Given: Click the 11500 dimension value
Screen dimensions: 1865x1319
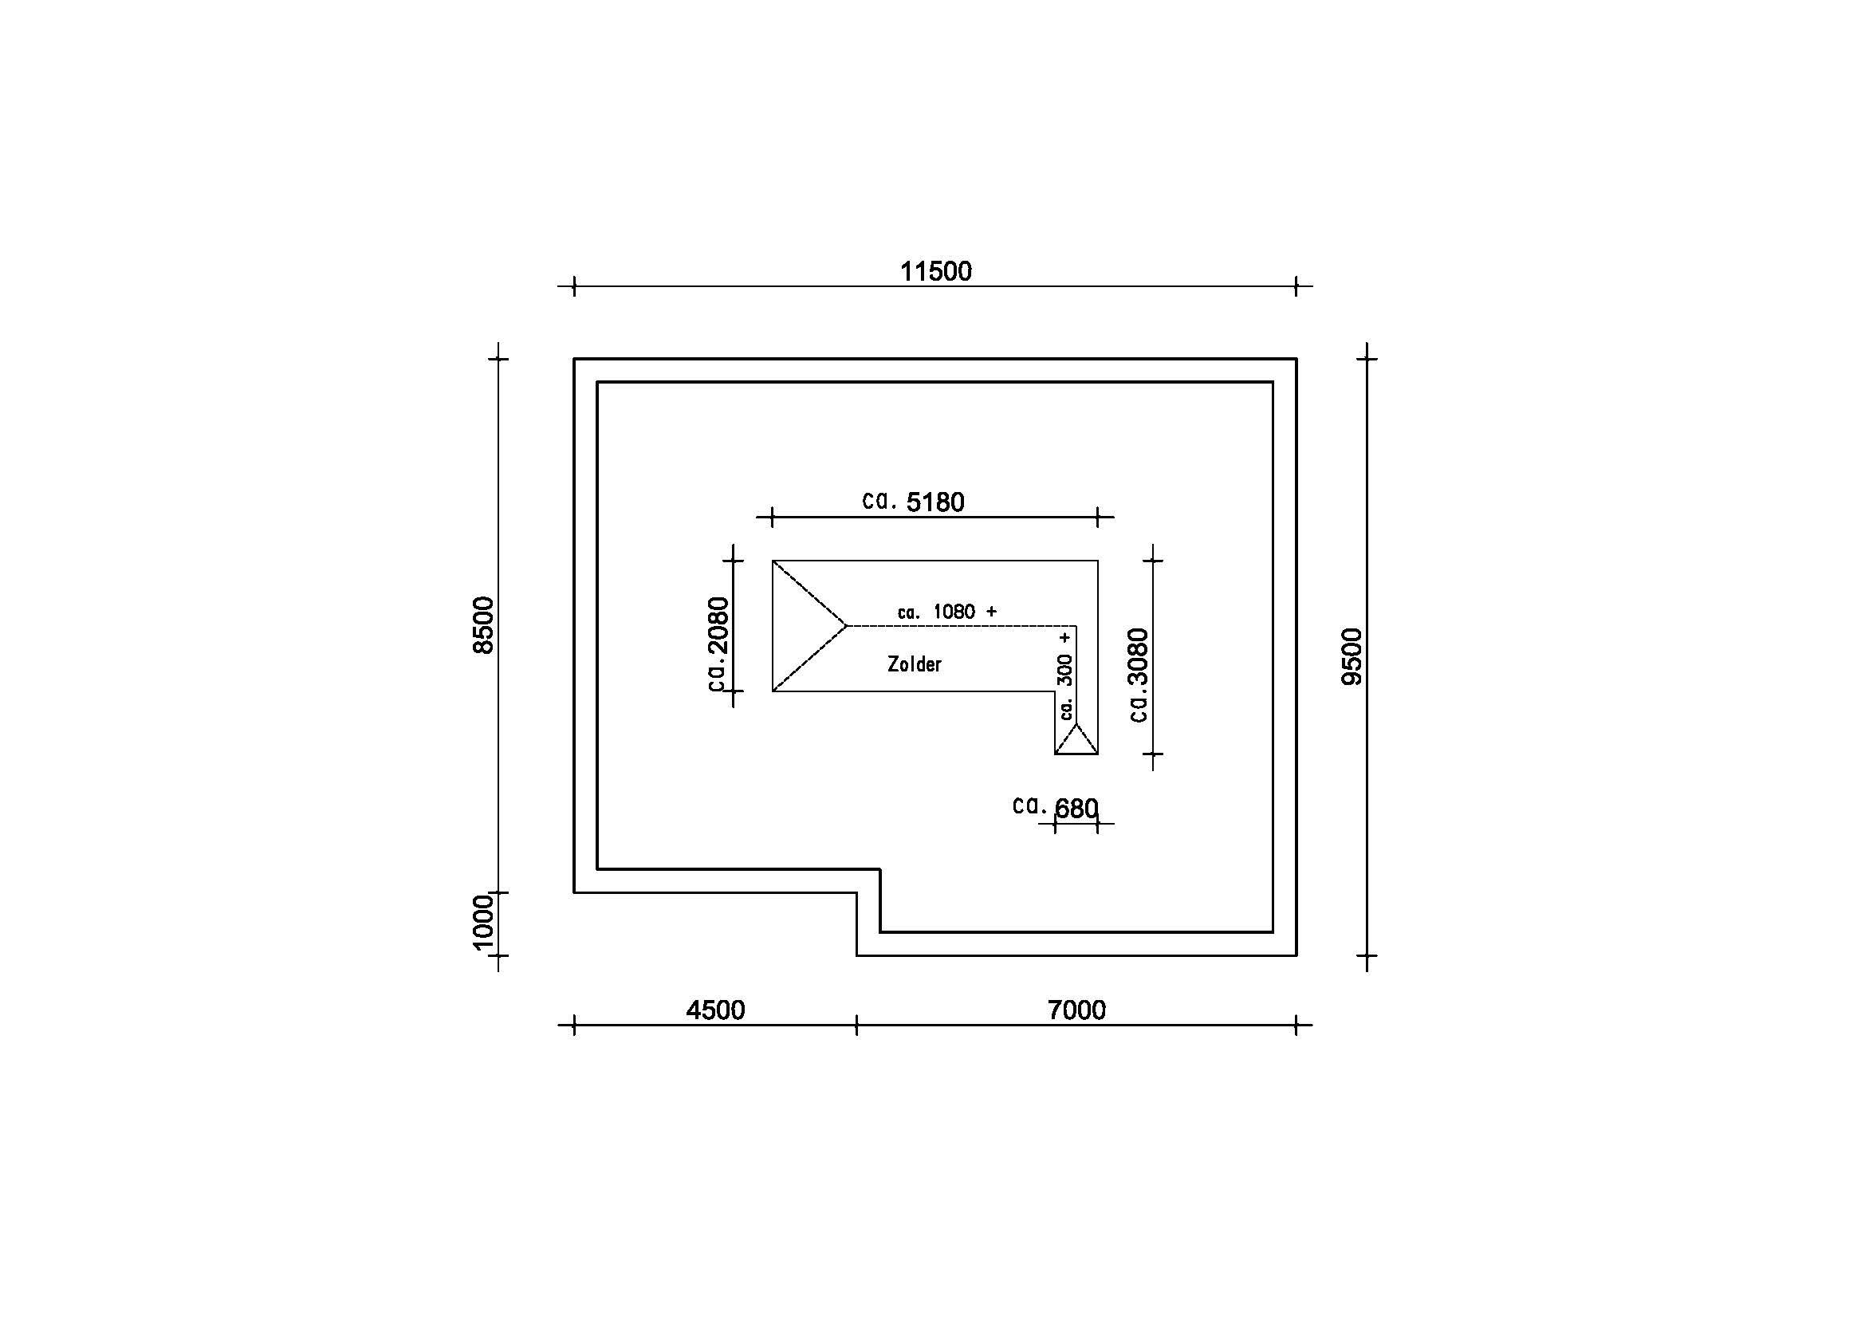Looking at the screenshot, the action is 936,271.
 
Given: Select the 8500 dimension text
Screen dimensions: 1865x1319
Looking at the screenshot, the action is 483,624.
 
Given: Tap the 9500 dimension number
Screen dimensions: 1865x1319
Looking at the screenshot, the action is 1352,656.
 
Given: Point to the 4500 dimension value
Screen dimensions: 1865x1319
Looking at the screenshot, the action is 715,1010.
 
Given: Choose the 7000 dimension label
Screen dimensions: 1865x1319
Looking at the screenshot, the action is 1077,1010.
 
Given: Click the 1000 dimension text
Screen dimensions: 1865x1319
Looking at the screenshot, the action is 483,922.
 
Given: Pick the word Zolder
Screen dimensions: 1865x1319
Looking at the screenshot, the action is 915,664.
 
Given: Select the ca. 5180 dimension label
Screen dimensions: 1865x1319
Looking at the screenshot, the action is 914,502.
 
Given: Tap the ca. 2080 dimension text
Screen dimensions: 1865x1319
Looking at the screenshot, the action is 719,644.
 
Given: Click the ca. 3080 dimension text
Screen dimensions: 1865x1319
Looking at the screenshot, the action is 1139,675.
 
